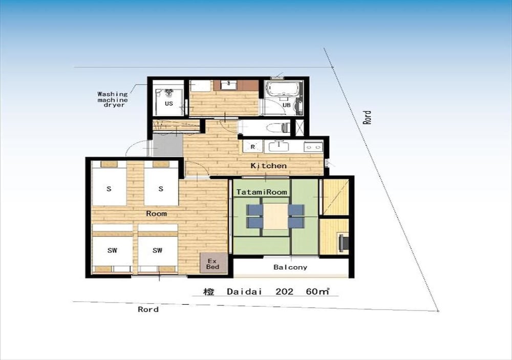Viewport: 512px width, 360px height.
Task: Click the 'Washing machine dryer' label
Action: tap(113, 99)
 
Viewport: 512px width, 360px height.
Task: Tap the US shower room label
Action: tap(169, 103)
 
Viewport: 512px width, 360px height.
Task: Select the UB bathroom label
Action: tap(286, 105)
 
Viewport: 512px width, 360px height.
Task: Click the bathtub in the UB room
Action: tap(283, 88)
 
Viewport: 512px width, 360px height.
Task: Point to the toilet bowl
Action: tap(278, 128)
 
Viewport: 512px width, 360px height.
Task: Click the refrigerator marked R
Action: tap(253, 146)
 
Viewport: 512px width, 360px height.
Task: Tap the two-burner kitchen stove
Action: tap(313, 147)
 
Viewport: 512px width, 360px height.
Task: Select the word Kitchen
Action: tap(268, 165)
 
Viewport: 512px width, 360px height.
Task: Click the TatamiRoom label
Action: tap(262, 192)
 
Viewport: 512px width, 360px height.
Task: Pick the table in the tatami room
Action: tap(275, 216)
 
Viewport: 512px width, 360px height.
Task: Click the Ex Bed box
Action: tap(213, 263)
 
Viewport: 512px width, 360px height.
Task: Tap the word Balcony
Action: tap(290, 267)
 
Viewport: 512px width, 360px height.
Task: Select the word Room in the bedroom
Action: tap(156, 214)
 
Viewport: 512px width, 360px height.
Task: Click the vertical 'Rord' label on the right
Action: tap(367, 117)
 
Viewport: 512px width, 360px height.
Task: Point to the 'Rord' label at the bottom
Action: tap(148, 309)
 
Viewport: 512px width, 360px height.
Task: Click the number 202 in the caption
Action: tap(284, 291)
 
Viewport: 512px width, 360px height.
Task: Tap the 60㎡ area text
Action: tap(317, 291)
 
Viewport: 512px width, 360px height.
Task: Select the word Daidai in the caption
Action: tap(245, 291)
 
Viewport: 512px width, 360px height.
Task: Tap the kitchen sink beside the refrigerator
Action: tap(279, 146)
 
